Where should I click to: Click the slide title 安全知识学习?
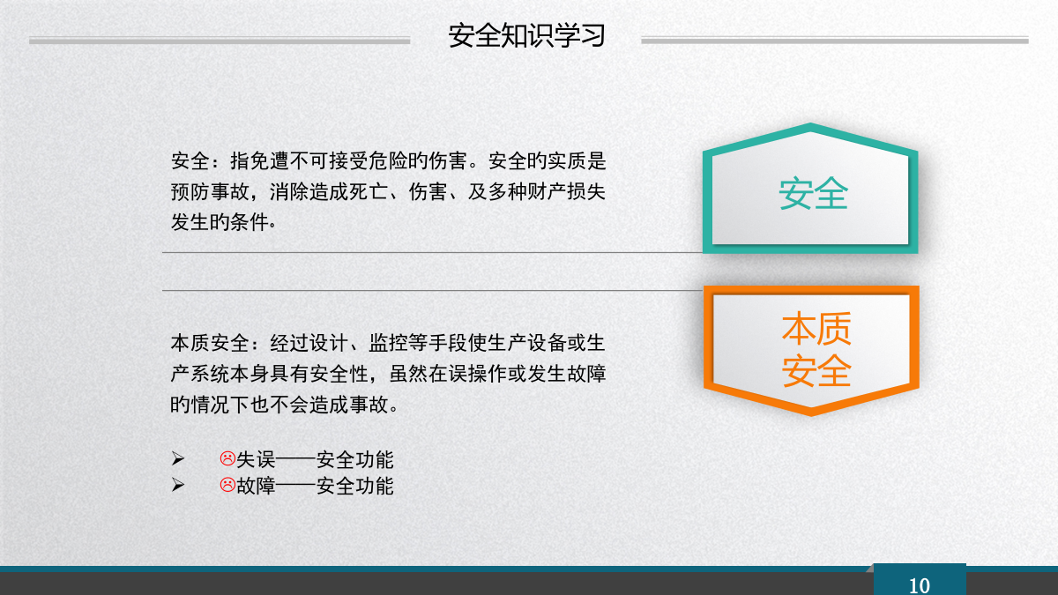(526, 36)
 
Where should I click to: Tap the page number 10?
(919, 585)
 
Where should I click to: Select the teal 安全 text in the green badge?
(813, 194)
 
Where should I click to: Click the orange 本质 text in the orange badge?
(816, 328)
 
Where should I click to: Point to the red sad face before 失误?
(227, 458)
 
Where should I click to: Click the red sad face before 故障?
(227, 485)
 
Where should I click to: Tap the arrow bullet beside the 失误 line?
(178, 458)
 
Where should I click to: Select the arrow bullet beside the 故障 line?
(178, 485)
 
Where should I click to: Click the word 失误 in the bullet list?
(256, 459)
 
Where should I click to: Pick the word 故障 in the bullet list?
(256, 486)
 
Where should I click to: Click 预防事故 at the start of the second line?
(210, 192)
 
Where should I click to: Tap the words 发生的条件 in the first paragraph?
(220, 222)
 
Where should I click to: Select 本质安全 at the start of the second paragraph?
(210, 343)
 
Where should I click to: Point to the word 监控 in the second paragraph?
(388, 343)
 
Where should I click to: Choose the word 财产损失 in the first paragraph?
(566, 192)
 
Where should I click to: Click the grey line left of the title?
(220, 41)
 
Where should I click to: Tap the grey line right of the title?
(835, 41)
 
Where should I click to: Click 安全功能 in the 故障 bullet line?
(354, 486)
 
